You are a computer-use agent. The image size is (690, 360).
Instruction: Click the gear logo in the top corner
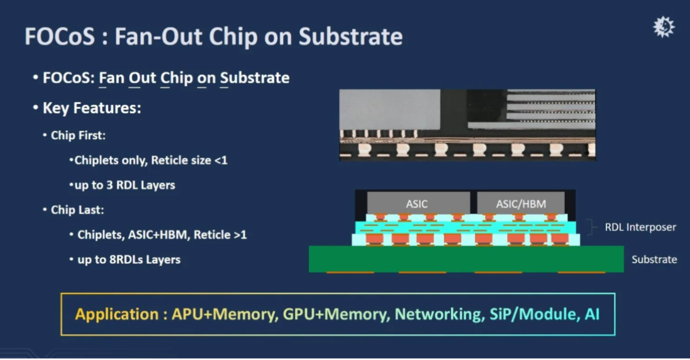[x=664, y=27]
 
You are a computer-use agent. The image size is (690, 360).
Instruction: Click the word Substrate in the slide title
[x=351, y=36]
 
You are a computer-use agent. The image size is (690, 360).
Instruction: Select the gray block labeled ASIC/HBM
[x=521, y=203]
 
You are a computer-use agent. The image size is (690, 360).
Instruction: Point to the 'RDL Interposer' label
[x=640, y=227]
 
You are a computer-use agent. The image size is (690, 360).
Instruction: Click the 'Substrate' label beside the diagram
[x=654, y=260]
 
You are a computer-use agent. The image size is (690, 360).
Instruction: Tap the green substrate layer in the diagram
[x=466, y=259]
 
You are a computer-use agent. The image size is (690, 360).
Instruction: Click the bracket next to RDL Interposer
[x=591, y=227]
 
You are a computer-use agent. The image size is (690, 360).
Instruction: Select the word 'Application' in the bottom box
[x=116, y=314]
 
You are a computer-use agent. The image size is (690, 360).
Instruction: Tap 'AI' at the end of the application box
[x=592, y=314]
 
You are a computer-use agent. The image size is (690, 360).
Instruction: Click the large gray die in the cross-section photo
[x=390, y=110]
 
